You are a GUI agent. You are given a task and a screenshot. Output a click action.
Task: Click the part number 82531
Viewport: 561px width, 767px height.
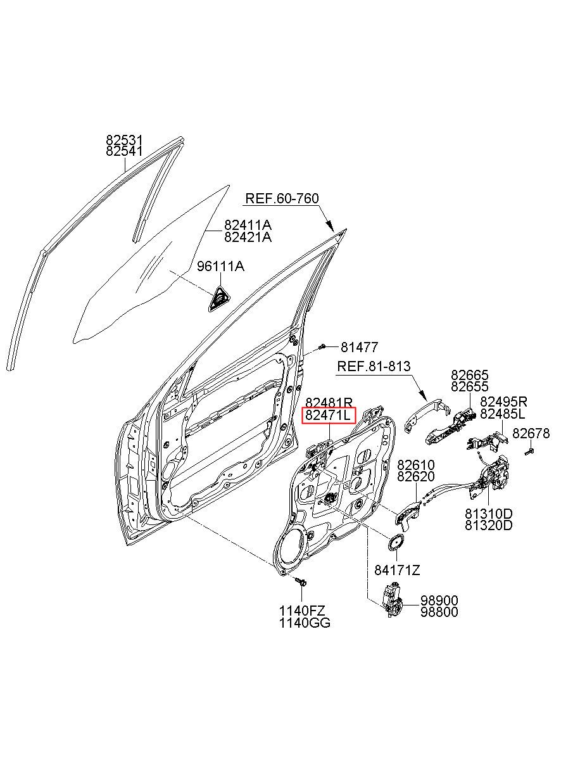124,140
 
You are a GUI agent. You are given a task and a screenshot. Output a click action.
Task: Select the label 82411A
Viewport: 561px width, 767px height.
248,225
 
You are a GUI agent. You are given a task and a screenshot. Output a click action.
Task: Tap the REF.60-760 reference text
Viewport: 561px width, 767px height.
282,198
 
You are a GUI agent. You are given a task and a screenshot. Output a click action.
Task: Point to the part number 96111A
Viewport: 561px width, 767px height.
220,266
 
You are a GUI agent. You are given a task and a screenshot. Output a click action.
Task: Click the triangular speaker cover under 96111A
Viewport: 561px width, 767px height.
219,299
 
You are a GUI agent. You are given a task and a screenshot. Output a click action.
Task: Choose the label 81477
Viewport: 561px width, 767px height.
359,348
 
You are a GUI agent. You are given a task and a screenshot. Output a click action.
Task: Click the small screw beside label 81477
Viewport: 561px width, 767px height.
322,347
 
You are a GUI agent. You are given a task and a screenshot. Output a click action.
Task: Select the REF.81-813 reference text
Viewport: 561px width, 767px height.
374,366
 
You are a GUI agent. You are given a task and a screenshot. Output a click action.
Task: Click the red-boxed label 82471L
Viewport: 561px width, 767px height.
329,415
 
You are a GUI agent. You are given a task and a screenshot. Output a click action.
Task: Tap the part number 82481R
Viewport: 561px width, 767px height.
329,402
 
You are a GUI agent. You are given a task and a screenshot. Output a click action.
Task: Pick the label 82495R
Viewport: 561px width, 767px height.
503,401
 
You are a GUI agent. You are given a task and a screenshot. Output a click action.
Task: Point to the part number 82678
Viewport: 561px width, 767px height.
531,433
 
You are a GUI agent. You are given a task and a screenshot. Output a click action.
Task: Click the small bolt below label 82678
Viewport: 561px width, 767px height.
529,452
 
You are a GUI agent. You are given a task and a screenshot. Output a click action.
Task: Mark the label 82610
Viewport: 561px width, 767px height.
416,465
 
